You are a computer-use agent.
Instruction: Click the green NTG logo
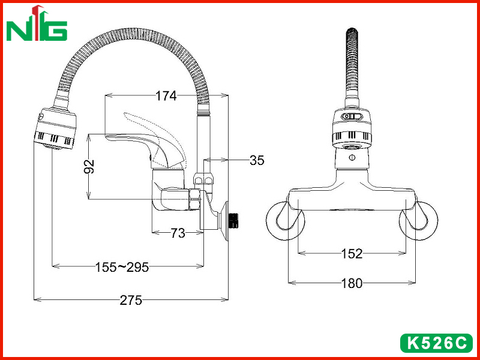pos(37,23)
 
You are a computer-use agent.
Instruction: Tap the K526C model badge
pos(437,343)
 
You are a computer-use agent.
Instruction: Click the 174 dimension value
pos(166,96)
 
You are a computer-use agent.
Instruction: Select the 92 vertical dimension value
pos(89,167)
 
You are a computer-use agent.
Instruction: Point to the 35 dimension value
pos(257,160)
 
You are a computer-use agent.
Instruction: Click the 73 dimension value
pos(178,233)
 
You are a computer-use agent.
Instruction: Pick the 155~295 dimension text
pos(122,267)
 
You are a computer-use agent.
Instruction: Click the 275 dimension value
pos(131,301)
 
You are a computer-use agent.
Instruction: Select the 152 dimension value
pos(352,253)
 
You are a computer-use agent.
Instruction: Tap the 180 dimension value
pos(352,283)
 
